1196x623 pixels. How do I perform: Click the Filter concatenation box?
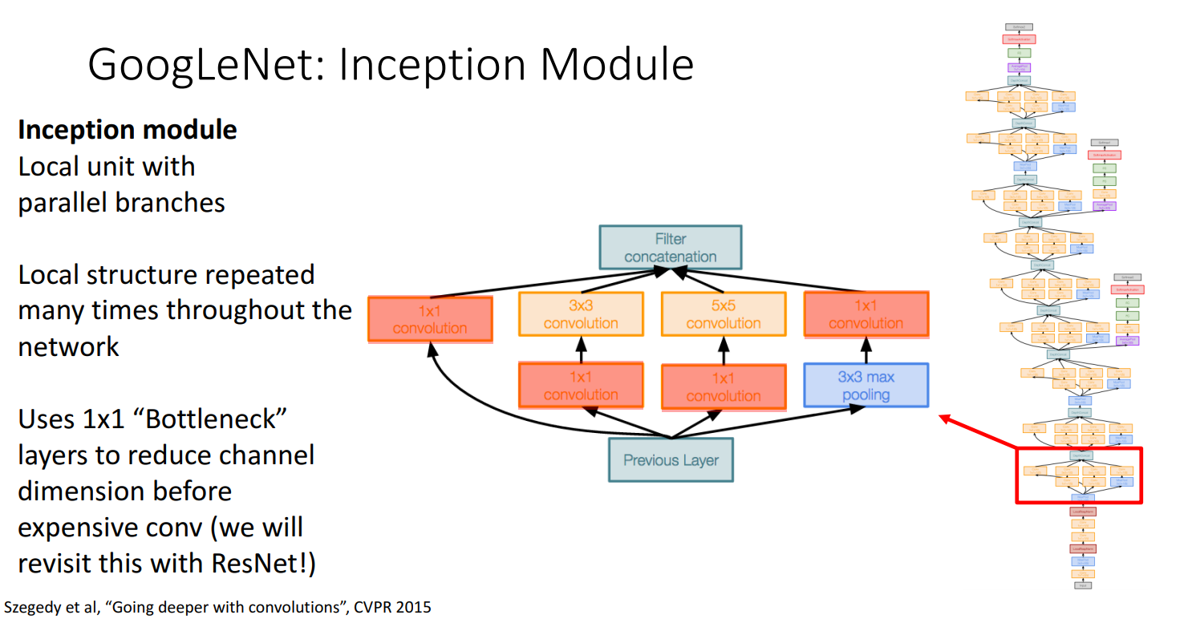671,247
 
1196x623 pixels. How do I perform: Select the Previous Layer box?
671,459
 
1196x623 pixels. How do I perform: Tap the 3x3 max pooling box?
866,386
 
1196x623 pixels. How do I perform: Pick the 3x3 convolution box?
581,314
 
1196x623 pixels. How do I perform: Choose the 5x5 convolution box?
723,314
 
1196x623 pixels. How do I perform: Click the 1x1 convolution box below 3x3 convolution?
581,386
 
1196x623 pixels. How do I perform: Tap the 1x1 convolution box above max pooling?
866,314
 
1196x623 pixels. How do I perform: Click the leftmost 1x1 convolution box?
430,319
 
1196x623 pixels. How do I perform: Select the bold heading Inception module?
128,130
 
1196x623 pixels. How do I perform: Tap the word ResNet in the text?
257,563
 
